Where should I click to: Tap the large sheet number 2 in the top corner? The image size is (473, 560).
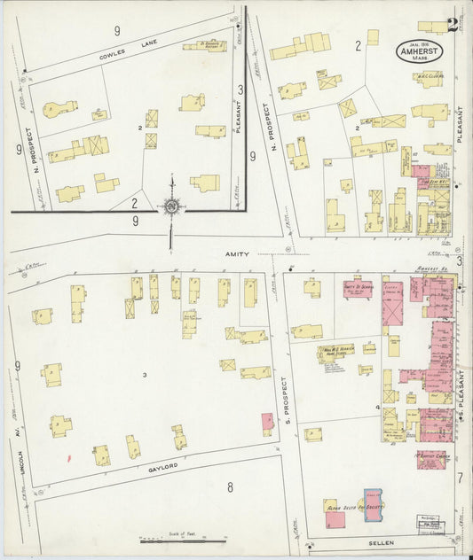coord(453,24)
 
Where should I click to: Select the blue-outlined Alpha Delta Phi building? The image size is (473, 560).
coord(374,506)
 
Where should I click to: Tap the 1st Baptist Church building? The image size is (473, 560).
coord(433,459)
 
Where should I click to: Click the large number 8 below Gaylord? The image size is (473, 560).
coord(229,486)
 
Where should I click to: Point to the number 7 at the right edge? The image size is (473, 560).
coord(460,478)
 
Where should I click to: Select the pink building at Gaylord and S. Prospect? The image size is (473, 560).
coord(267,423)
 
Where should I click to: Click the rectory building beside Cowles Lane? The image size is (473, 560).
coord(205,45)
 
